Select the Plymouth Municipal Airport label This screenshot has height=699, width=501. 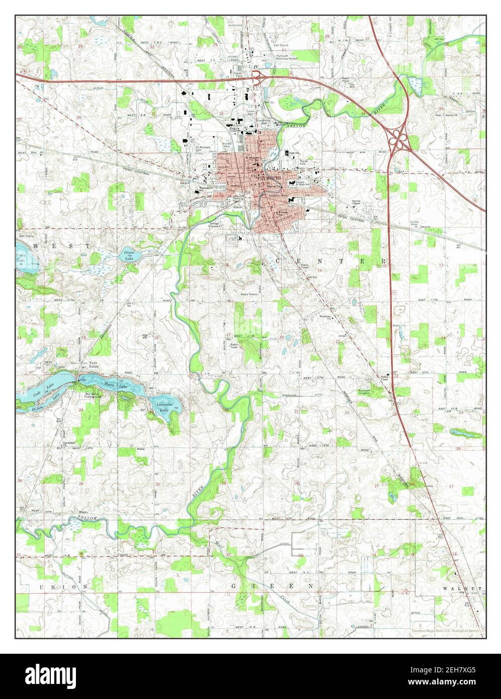pyautogui.click(x=283, y=58)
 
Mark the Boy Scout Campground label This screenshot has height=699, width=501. pyautogui.click(x=93, y=395)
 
